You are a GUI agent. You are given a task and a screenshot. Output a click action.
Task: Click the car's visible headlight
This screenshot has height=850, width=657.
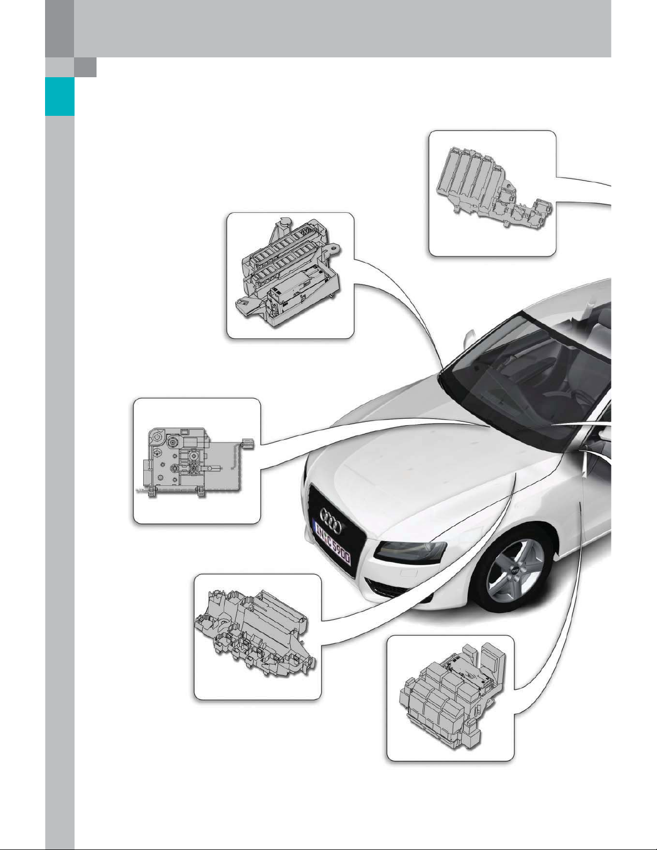[x=410, y=551]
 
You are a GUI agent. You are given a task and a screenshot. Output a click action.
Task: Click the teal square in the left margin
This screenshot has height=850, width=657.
[x=60, y=96]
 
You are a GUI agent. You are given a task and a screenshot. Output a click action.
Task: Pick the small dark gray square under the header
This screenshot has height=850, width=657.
[x=86, y=67]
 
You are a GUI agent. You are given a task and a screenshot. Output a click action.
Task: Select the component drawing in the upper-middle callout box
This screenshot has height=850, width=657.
[x=290, y=272]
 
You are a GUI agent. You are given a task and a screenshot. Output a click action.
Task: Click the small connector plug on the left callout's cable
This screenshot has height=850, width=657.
[x=248, y=444]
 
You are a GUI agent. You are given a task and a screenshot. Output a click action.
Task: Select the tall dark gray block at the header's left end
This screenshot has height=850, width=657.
[x=60, y=29]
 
